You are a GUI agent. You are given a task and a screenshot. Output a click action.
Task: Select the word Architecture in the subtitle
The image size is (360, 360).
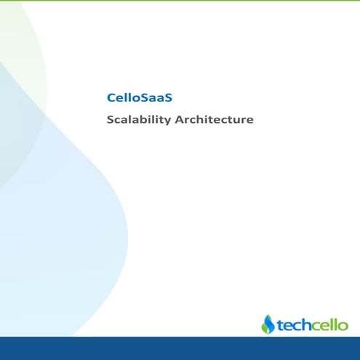point(215,119)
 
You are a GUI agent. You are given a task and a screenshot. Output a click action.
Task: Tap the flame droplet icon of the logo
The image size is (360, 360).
point(268,324)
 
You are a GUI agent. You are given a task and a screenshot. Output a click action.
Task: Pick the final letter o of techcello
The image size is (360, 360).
point(343,326)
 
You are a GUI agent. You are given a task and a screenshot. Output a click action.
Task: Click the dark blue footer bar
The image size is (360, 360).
point(180,348)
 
